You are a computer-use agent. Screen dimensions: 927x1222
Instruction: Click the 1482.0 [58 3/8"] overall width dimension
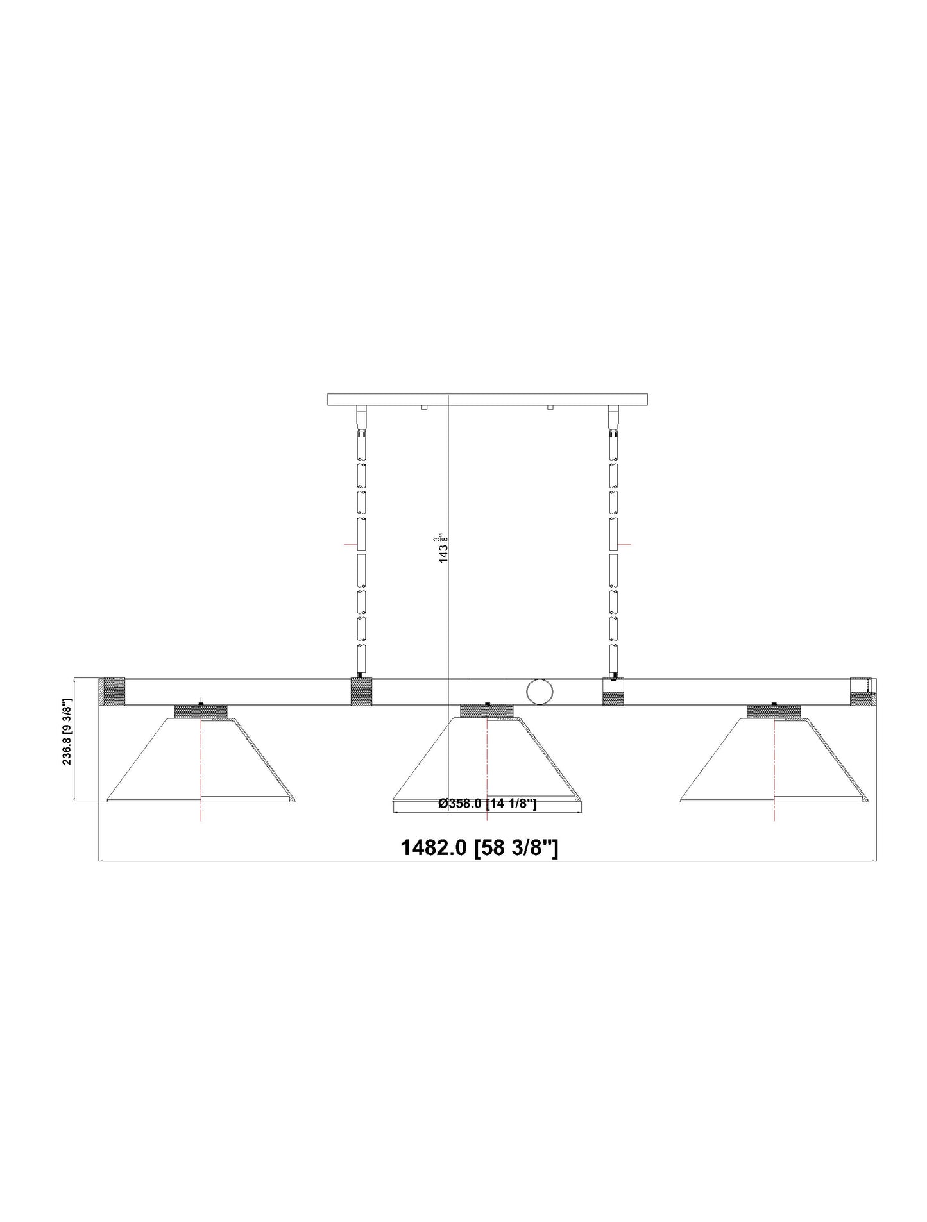tap(479, 848)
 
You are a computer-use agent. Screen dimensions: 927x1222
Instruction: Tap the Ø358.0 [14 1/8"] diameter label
tap(487, 804)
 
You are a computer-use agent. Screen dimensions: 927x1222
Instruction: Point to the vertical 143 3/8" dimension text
tap(442, 547)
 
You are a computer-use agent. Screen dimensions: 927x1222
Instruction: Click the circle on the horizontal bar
tap(540, 692)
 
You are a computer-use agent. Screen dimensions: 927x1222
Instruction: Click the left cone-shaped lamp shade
tap(201, 760)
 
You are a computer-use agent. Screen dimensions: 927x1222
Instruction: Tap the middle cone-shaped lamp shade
tap(488, 760)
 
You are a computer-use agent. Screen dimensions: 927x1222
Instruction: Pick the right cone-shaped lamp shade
tap(774, 760)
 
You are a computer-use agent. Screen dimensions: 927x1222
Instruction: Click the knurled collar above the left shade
tap(201, 711)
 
